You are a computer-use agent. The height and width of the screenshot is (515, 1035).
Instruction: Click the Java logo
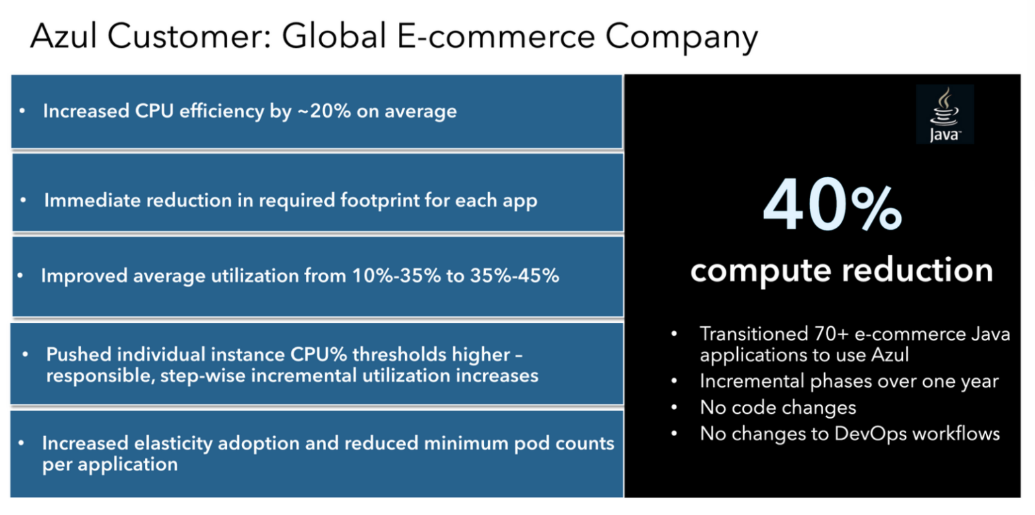coord(944,114)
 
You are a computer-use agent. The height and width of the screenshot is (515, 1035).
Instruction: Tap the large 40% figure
coord(832,206)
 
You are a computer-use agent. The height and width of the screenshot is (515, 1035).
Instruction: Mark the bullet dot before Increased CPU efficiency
coord(23,111)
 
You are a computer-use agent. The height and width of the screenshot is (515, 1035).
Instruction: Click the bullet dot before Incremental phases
coord(675,382)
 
